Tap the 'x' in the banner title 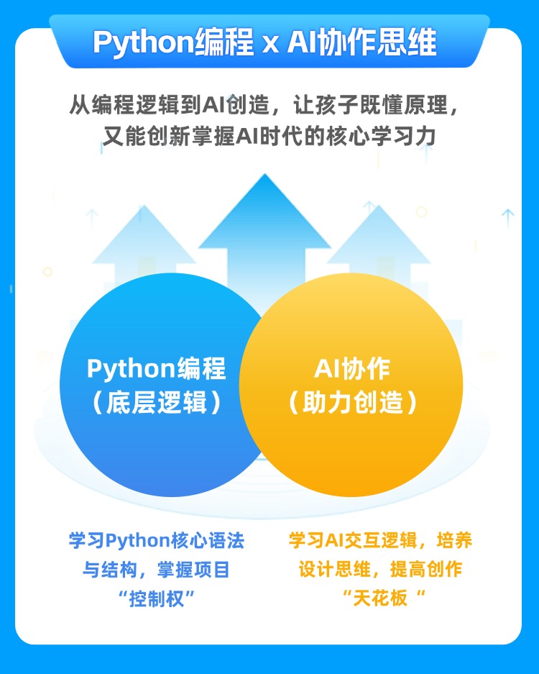(269, 45)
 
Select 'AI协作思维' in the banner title (361, 43)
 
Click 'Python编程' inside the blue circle (156, 368)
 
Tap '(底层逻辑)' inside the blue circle (156, 403)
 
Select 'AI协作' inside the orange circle (352, 368)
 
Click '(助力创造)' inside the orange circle (352, 403)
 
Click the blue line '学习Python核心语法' (156, 541)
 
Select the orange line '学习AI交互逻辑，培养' (380, 541)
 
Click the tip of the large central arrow (267, 177)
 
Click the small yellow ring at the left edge (48, 272)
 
